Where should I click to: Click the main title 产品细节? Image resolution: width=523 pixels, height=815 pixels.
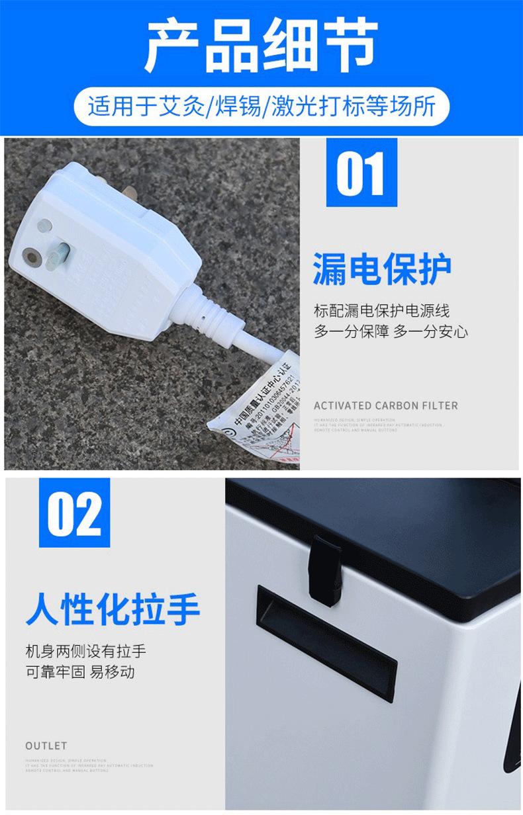click(261, 45)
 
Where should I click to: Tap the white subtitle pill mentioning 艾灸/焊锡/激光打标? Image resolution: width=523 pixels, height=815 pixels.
click(261, 106)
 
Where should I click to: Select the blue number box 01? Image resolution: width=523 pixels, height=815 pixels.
click(361, 173)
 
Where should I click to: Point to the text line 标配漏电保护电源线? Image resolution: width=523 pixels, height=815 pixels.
click(381, 311)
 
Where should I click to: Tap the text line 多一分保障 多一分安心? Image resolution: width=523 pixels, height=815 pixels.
click(391, 331)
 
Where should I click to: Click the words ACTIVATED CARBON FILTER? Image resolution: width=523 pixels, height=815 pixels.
click(385, 406)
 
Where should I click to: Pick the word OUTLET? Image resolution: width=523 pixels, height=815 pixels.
click(46, 746)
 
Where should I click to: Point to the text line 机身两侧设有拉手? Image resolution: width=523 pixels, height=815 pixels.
click(85, 651)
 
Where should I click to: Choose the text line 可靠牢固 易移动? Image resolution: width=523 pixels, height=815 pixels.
click(80, 672)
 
